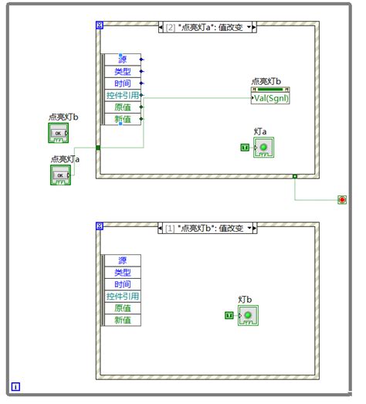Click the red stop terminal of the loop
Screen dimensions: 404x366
pyautogui.click(x=342, y=200)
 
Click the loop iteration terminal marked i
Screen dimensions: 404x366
pyautogui.click(x=16, y=387)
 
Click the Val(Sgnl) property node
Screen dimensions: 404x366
pyautogui.click(x=270, y=98)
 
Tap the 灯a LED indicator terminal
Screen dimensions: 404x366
pyautogui.click(x=264, y=147)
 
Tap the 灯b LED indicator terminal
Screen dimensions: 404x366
pyautogui.click(x=248, y=315)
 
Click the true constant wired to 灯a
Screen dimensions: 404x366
pyautogui.click(x=244, y=147)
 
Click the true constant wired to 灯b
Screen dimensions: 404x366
pyautogui.click(x=229, y=315)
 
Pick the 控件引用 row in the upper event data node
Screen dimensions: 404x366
pyautogui.click(x=123, y=96)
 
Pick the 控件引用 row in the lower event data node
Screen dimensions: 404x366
pyautogui.click(x=123, y=296)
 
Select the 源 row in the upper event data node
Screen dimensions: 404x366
pyautogui.click(x=123, y=59)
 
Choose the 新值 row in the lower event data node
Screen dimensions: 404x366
pyautogui.click(x=123, y=320)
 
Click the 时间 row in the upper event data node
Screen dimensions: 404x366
pyautogui.click(x=123, y=83)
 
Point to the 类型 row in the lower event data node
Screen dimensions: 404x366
pyautogui.click(x=123, y=272)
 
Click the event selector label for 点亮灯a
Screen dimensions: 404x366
pyautogui.click(x=208, y=28)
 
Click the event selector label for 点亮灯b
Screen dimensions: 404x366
pyautogui.click(x=206, y=229)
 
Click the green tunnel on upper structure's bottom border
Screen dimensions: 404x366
pyautogui.click(x=295, y=177)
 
